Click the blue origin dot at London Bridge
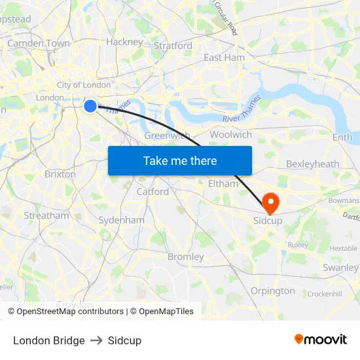(90, 105)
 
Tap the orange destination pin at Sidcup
(270, 202)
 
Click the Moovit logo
(321, 340)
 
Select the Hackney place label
(124, 42)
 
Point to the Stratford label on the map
(173, 46)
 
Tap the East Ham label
(224, 58)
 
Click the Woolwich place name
(230, 135)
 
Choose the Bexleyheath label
(312, 164)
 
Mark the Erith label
(342, 137)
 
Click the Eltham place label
(223, 184)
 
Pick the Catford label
(153, 192)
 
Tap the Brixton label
(60, 175)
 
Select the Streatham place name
(46, 215)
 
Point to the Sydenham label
(121, 221)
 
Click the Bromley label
(185, 257)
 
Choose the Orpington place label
(272, 291)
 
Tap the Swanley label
(340, 268)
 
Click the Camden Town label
(38, 43)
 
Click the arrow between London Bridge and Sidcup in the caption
(96, 340)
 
